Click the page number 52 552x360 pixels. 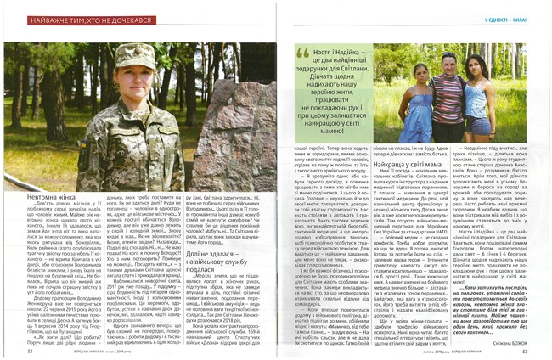[x=31, y=349]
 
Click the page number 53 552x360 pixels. [x=525, y=349]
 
